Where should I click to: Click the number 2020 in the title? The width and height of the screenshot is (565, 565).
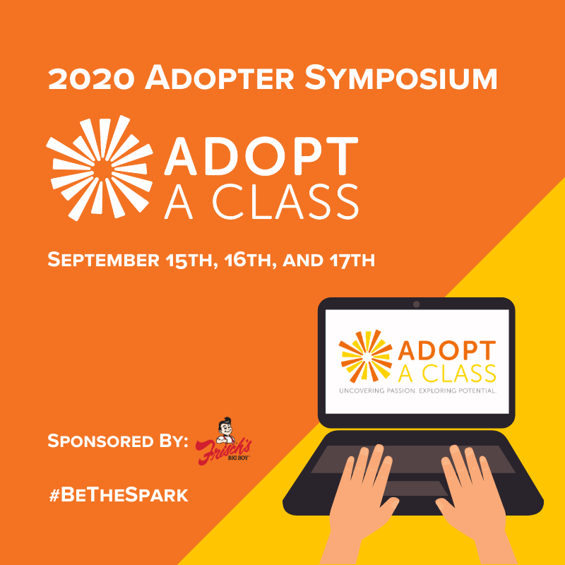91,78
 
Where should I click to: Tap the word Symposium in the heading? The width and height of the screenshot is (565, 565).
401,77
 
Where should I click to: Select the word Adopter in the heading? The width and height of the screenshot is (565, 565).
220,77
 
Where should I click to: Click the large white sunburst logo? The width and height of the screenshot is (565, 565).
100,168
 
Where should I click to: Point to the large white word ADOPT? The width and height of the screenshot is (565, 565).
261,156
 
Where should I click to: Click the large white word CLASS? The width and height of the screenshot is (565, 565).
285,201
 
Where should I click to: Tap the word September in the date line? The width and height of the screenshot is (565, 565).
103,260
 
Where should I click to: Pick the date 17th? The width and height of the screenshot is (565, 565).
352,260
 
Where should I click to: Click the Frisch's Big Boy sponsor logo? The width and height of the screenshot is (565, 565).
223,441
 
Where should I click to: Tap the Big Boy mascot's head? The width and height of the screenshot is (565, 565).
226,427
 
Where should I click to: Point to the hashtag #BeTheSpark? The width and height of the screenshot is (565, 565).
119,495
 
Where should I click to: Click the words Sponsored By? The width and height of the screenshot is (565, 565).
118,441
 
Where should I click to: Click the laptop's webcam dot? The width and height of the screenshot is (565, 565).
416,304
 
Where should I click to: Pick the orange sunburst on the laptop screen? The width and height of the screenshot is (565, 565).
365,356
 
